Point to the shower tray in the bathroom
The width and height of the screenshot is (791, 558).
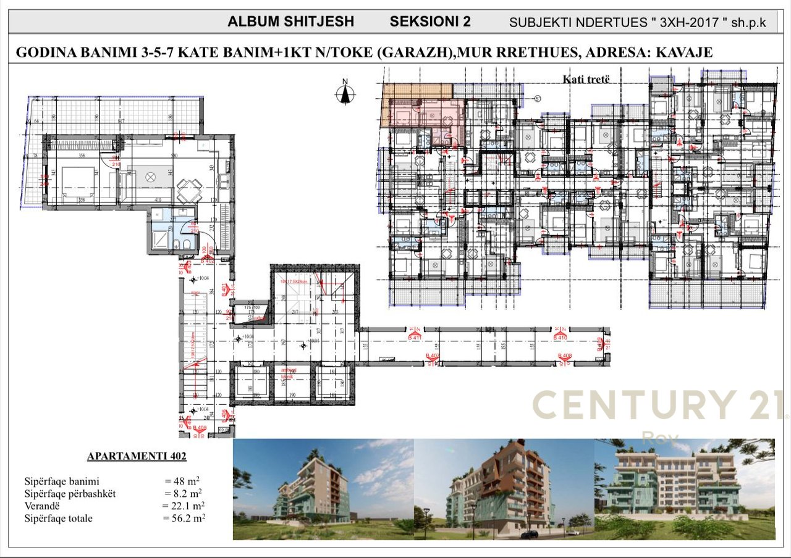click(159, 238)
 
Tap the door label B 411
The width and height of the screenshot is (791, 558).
click(414, 338)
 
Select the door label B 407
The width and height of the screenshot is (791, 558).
click(433, 356)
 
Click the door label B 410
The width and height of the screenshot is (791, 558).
click(560, 338)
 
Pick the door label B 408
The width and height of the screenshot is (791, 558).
click(564, 356)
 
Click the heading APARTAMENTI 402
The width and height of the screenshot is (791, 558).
click(137, 457)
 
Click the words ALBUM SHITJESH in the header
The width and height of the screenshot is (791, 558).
click(290, 22)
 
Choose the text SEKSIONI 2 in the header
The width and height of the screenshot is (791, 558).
click(430, 22)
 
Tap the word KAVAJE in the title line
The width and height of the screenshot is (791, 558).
click(684, 52)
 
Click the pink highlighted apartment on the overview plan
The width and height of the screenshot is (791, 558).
click(426, 114)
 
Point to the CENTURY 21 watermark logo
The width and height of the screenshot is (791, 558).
click(658, 406)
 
